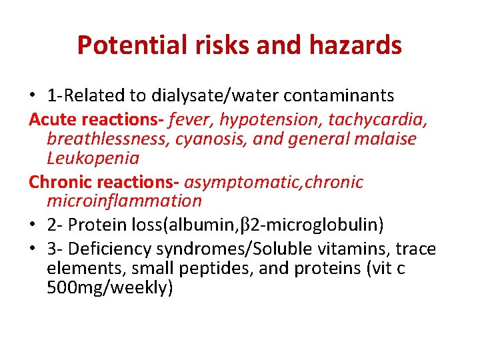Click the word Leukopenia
point(93,158)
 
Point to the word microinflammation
point(124,200)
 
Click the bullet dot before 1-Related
point(33,97)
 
